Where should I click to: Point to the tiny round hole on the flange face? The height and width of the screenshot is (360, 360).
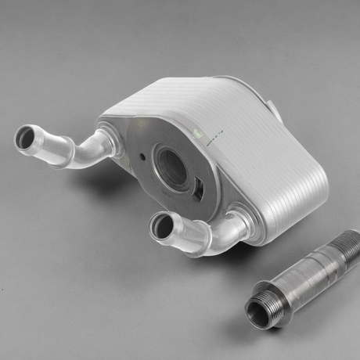[144, 155]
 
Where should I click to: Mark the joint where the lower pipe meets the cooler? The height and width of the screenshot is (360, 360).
[239, 223]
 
